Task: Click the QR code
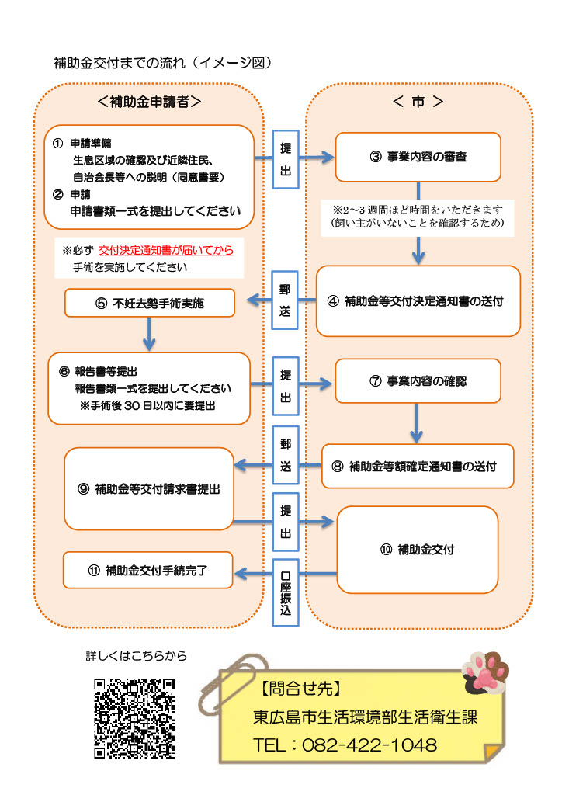[x=134, y=718]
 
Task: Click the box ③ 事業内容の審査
[x=418, y=158]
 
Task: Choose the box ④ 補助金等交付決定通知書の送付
[x=418, y=301]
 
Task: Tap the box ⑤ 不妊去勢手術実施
[x=150, y=303]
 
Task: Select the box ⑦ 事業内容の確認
[x=418, y=381]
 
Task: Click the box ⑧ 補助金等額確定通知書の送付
[x=418, y=467]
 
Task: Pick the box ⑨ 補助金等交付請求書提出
[x=150, y=488]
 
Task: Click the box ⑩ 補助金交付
[x=417, y=549]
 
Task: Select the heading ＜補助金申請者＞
[x=149, y=102]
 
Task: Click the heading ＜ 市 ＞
[x=418, y=102]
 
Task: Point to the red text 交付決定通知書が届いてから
[x=166, y=251]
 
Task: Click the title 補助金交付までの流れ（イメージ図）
[x=163, y=62]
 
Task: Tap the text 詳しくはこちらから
[x=136, y=656]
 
